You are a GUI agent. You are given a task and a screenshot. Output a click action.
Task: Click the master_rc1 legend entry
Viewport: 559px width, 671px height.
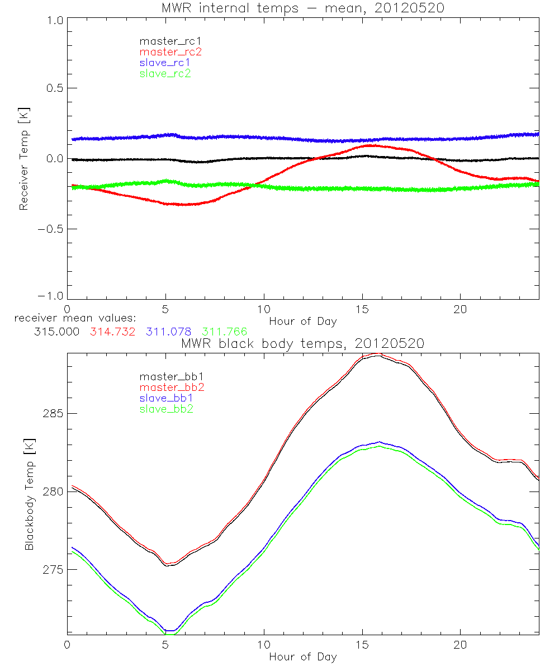(x=165, y=41)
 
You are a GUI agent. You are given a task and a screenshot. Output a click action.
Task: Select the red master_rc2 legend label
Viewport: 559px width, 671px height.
(x=170, y=52)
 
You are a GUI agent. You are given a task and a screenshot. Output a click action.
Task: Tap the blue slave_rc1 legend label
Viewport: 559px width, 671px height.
(x=165, y=63)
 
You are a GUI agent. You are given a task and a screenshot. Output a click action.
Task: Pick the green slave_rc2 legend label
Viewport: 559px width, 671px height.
(x=165, y=73)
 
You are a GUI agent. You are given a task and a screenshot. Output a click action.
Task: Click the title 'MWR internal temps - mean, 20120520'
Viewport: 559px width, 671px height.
(x=302, y=8)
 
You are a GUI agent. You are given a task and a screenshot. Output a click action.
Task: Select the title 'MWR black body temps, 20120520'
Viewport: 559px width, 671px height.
(x=302, y=344)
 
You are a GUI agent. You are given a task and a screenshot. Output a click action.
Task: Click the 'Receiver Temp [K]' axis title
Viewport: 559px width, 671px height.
(x=23, y=159)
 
